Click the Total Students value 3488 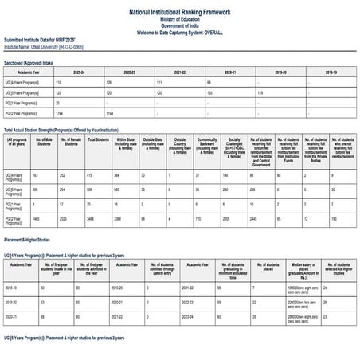tap(93, 217)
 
